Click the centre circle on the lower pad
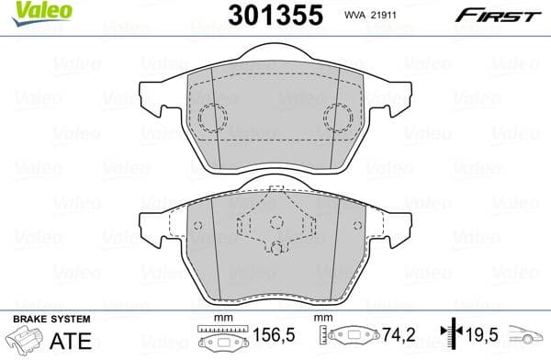coord(276,221)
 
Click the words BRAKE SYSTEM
coord(51,318)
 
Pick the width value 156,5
coord(263,337)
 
